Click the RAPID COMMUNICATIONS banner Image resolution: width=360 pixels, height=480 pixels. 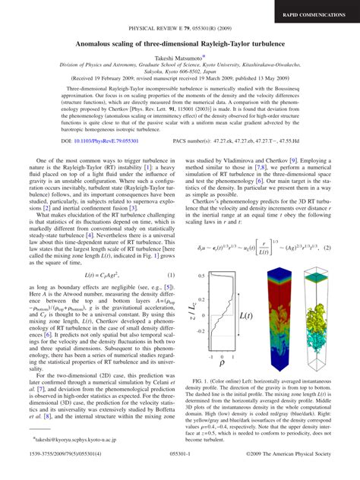coord(317,14)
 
